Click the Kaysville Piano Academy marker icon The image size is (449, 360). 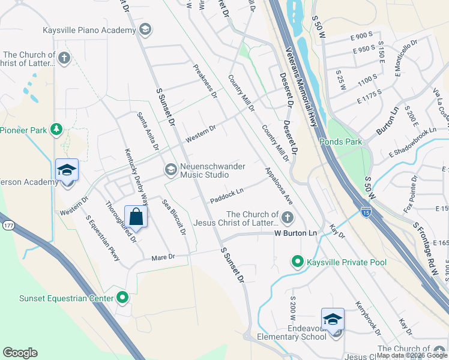coord(144,29)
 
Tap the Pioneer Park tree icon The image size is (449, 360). coord(56,129)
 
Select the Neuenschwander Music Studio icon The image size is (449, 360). coord(170,170)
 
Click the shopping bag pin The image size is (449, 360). coord(136,217)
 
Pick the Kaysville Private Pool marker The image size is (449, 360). coord(297,261)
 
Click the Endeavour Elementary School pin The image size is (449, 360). coord(333,319)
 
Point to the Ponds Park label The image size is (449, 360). coord(341,142)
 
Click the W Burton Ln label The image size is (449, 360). coord(295,233)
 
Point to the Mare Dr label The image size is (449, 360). coord(163,257)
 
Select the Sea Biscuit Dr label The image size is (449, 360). coord(174,217)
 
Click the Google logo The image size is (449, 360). coord(20,353)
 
